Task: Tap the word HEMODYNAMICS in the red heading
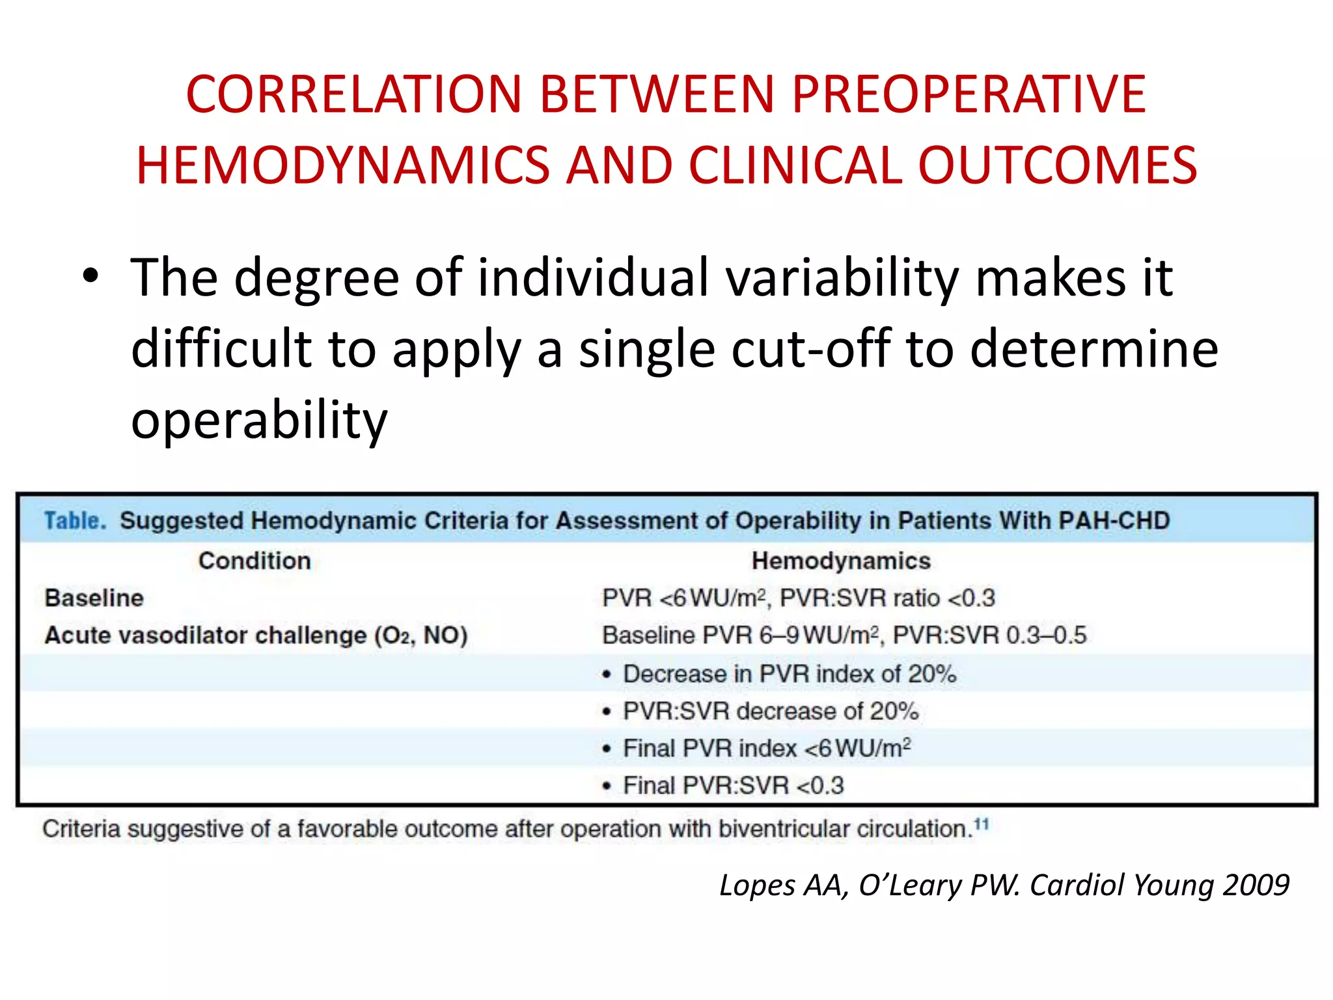[342, 165]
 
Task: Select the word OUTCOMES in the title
[1057, 165]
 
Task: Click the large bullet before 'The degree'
[91, 277]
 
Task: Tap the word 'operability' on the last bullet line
[259, 421]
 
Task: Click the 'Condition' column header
[254, 561]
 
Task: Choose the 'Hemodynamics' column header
[840, 561]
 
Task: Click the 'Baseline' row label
[94, 598]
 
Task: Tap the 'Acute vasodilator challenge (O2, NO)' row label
[256, 635]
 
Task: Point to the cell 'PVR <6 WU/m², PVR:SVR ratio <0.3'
[798, 598]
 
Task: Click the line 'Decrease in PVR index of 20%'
[789, 674]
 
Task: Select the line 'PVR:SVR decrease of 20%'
[770, 711]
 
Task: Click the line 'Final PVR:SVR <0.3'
[733, 786]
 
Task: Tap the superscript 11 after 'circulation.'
[982, 825]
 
